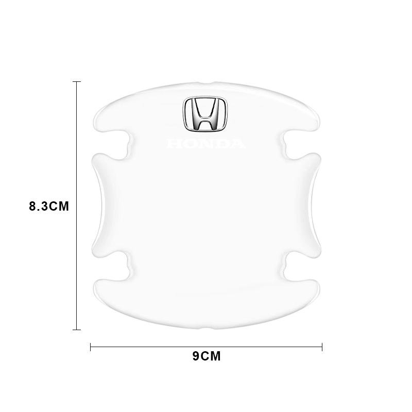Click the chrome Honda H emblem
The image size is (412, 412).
point(205,114)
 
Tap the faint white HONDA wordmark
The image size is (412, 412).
point(205,144)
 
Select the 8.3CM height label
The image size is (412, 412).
point(49,207)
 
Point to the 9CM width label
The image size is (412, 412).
point(206,356)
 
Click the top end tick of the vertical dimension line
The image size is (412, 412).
point(77,81)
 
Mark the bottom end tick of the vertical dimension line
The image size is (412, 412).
point(77,329)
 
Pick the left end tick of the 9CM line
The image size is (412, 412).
point(91,347)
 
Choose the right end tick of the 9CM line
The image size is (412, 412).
point(322,347)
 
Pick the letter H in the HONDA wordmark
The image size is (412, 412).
point(173,144)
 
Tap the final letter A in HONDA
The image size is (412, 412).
point(238,144)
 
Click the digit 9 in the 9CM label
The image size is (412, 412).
point(196,356)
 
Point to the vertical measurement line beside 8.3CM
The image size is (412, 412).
point(77,154)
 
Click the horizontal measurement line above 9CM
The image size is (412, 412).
point(154,347)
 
